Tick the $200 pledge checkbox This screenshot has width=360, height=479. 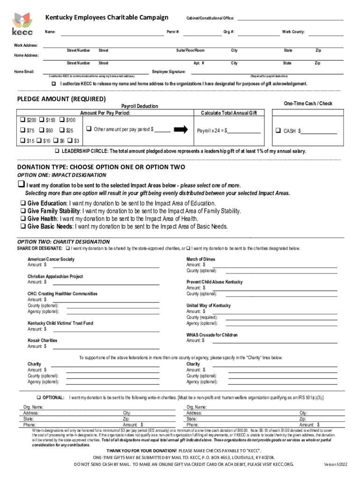pos(21,120)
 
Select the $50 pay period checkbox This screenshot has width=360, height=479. pos(42,131)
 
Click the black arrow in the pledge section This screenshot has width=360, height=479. pos(181,130)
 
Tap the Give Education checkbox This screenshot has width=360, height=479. pos(22,203)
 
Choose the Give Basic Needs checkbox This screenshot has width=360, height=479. pos(22,226)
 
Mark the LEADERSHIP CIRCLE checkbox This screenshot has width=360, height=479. pos(57,151)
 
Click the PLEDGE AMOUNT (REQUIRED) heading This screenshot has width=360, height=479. pos(61,99)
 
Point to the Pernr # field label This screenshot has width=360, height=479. pos(173,32)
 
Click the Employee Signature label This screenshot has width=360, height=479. pos(169,72)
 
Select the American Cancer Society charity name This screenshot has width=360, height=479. pos(50,259)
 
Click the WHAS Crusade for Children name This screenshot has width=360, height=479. pos(212,335)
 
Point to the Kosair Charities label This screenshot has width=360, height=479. pos(42,341)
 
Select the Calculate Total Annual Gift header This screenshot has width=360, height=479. pos(229,113)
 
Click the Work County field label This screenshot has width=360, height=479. pos(293,32)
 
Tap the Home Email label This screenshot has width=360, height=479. pos(24,72)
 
